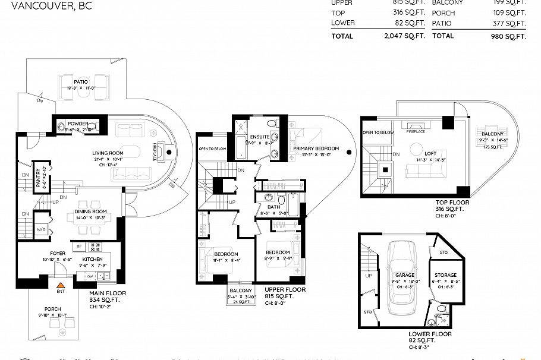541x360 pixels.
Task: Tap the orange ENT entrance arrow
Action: [60, 285]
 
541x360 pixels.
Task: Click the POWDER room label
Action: [77, 123]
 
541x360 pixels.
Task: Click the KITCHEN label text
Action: [93, 259]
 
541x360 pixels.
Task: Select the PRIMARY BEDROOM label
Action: [316, 149]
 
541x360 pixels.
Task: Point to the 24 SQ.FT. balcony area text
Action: [240, 301]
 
